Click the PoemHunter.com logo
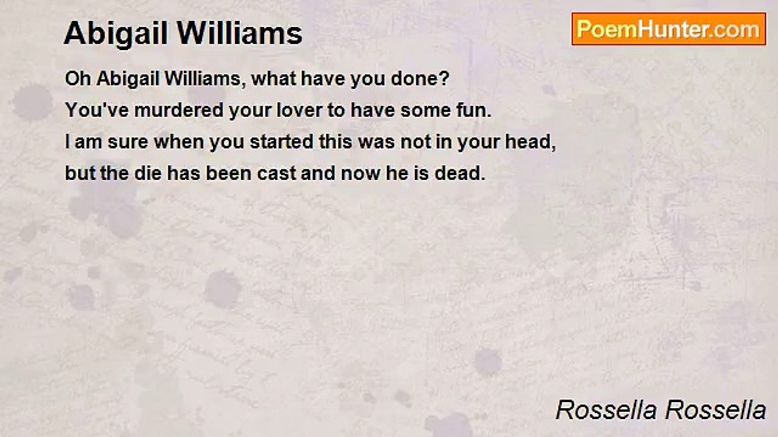pos(669,29)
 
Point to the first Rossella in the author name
pos(605,410)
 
